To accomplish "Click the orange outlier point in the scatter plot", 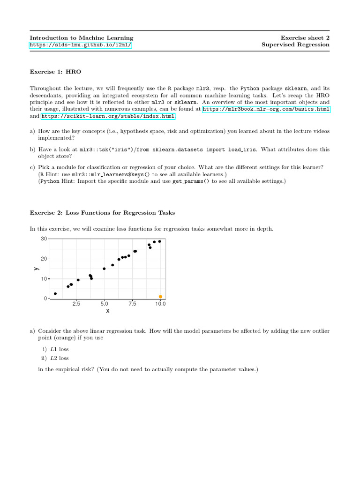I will pos(160,297).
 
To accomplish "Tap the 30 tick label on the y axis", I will pos(44,239).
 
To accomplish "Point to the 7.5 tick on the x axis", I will pos(132,304).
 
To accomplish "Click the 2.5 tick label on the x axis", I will pos(76,304).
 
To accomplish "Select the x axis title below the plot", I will pos(108,311).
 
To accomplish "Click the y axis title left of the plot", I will pos(36,269).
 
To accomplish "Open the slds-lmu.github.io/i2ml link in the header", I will pos(81,45).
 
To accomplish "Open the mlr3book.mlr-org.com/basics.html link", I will pos(266,109).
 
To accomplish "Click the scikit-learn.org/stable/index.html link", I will pos(108,116).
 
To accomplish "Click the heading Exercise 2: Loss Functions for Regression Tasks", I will pos(102,213).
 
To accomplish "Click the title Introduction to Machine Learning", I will pos(82,38).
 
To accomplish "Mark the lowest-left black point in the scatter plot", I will pos(55,294).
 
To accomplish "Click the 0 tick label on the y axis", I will pos(45,299).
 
